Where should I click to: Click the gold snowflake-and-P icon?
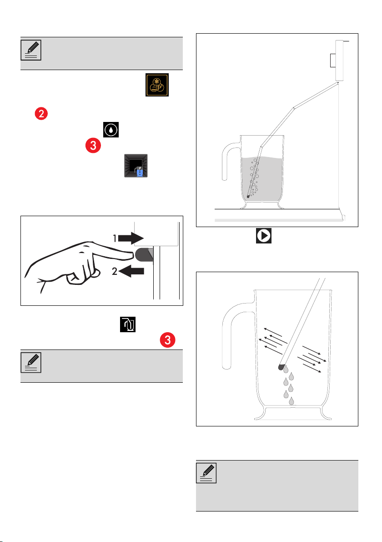157,85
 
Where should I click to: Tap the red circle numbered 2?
41,113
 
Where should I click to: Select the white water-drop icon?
111,130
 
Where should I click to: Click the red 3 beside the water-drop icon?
93,146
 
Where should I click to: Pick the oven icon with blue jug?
136,166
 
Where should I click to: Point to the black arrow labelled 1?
131,238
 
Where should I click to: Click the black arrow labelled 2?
131,271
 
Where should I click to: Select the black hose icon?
128,324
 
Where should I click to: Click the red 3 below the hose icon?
167,340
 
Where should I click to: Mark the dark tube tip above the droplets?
281,367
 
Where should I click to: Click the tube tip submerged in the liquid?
248,196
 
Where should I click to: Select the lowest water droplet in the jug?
292,401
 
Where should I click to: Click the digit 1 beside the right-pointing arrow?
115,238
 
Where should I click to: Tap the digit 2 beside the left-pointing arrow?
115,271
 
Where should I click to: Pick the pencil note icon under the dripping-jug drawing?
206,473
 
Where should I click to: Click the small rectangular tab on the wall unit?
333,60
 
